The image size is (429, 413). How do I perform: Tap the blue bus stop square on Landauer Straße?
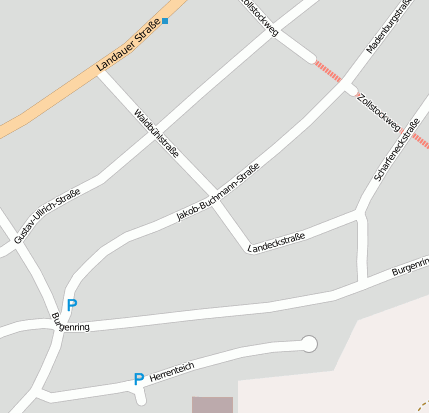[166, 20]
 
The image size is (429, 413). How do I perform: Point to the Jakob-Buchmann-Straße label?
[217, 192]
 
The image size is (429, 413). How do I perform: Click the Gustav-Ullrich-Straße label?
[47, 217]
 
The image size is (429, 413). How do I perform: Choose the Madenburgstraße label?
[389, 26]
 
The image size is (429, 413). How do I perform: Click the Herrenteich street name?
[171, 373]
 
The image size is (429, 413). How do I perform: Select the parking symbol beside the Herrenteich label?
[139, 379]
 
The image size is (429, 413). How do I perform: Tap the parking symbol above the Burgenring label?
[71, 305]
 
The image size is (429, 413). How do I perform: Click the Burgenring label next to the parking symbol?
[70, 322]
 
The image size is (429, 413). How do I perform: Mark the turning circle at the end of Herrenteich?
[309, 344]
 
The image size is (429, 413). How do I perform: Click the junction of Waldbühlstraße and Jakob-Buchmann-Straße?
[211, 190]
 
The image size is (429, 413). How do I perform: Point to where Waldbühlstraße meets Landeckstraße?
[247, 247]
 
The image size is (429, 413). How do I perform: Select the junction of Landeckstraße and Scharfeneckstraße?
[360, 213]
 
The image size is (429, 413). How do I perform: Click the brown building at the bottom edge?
[212, 405]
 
